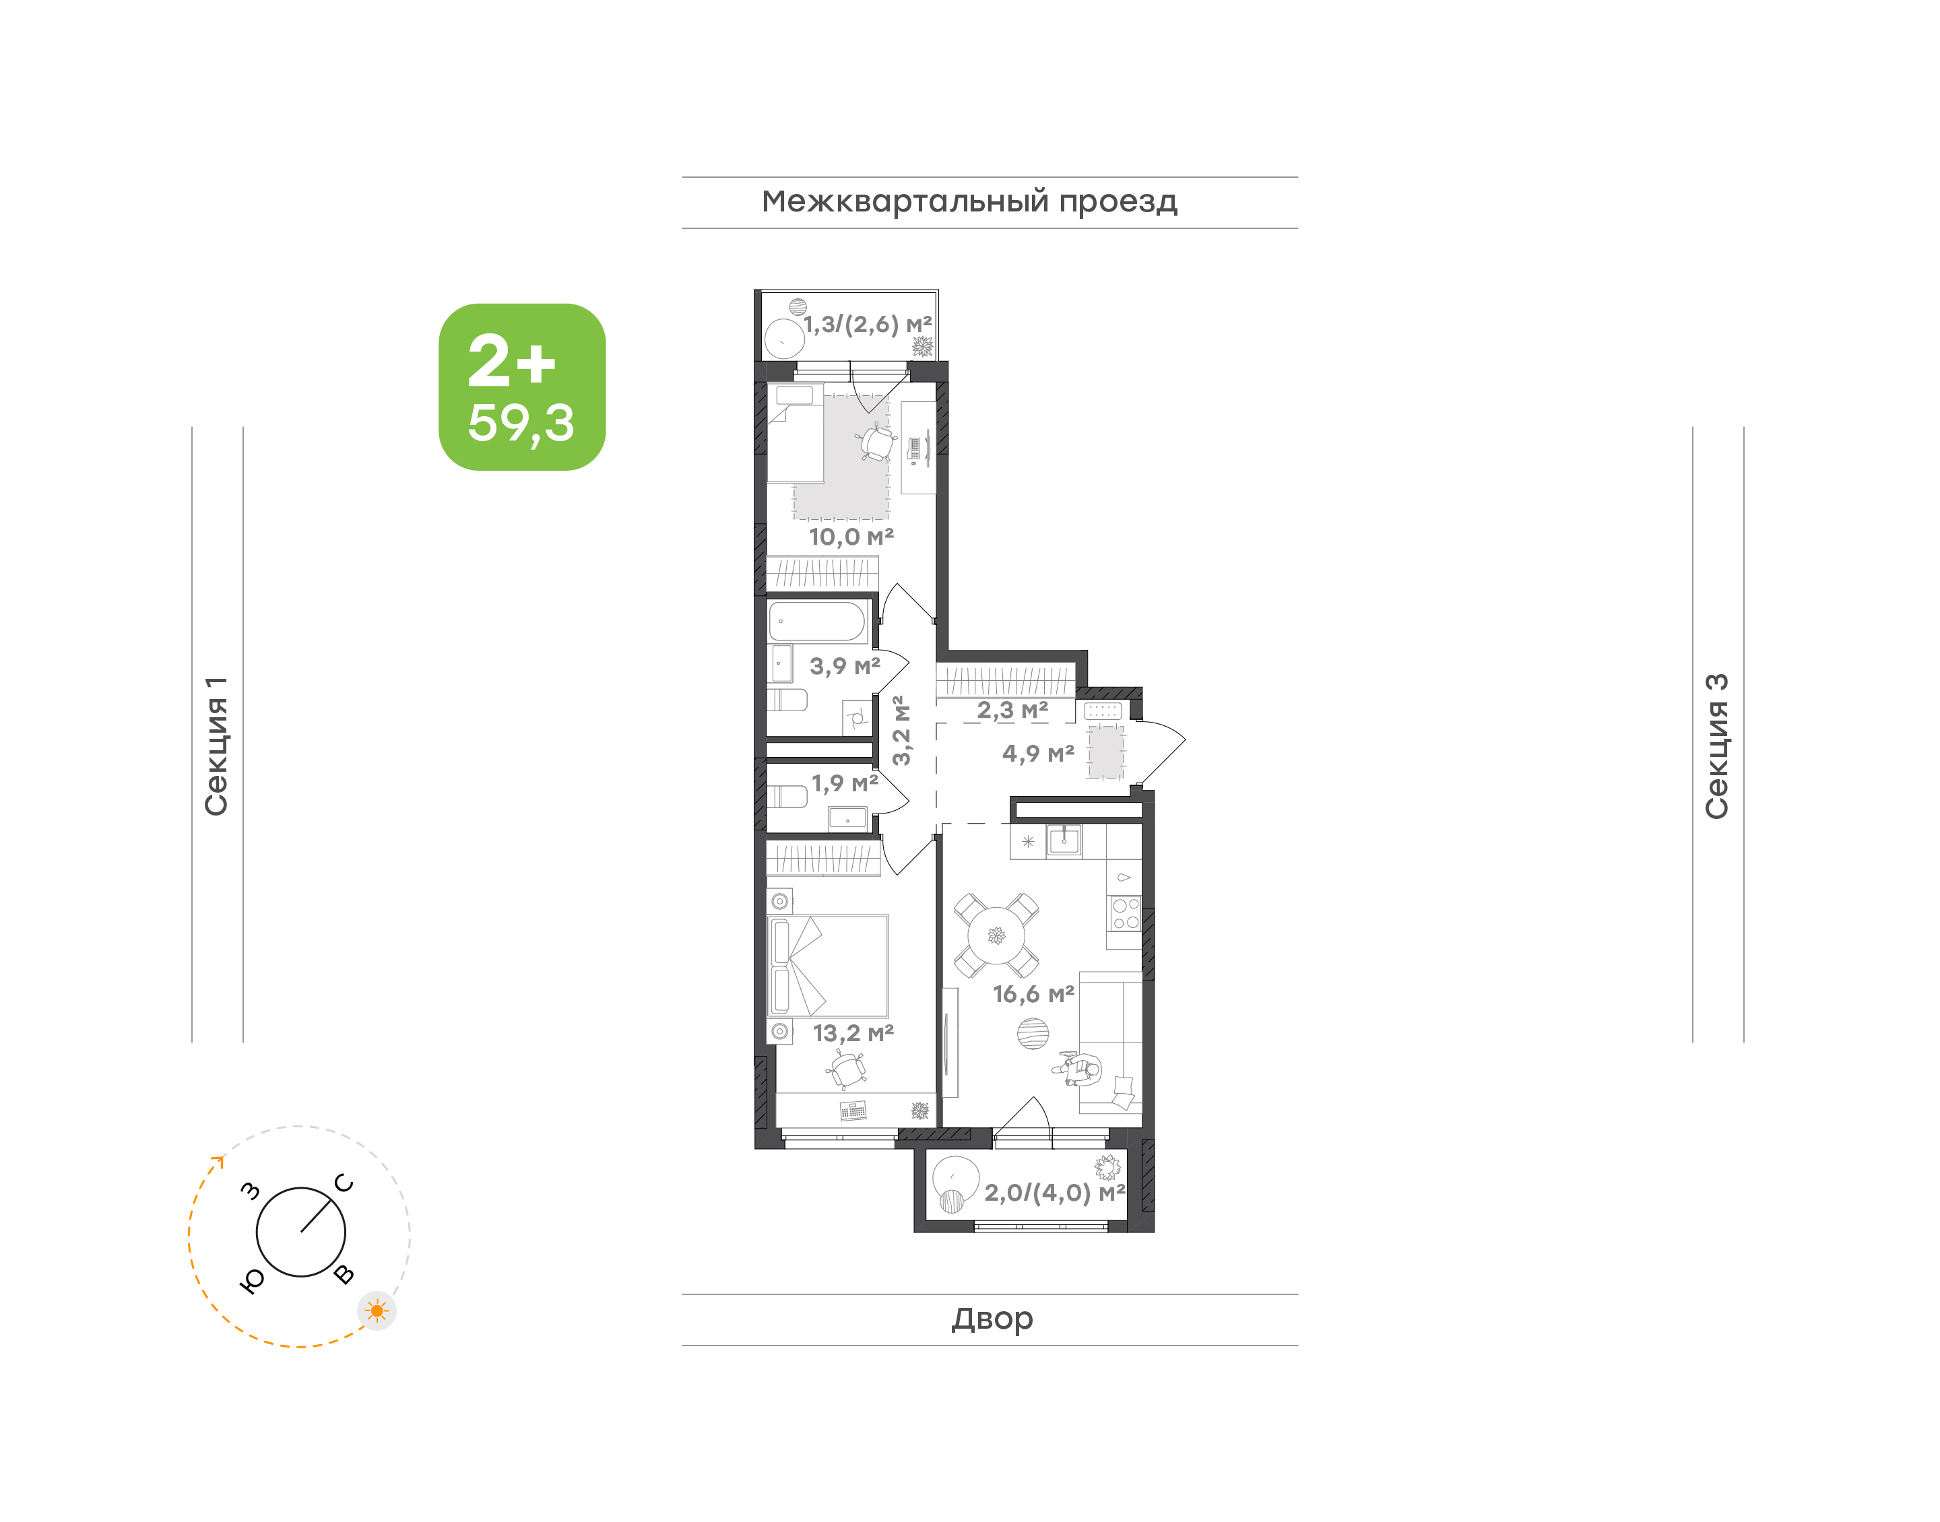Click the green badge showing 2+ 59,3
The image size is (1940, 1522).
pyautogui.click(x=521, y=387)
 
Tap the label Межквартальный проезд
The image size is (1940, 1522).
pyautogui.click(x=969, y=202)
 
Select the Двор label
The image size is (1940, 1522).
pyautogui.click(x=992, y=1319)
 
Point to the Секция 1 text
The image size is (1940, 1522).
pyautogui.click(x=216, y=746)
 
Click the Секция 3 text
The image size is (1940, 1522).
pyautogui.click(x=1716, y=746)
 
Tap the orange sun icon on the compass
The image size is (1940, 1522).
pyautogui.click(x=377, y=1311)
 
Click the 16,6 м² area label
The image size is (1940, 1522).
pyautogui.click(x=1034, y=993)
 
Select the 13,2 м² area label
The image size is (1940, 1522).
pyautogui.click(x=853, y=1033)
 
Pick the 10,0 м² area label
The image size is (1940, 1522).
pyautogui.click(x=851, y=537)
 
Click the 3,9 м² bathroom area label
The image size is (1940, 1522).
pyautogui.click(x=845, y=665)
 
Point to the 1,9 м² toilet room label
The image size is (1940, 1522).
pyautogui.click(x=845, y=783)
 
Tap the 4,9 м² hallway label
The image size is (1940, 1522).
pyautogui.click(x=1038, y=754)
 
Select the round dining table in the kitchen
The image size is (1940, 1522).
pyautogui.click(x=996, y=935)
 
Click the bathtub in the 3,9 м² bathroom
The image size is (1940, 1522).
pyautogui.click(x=817, y=621)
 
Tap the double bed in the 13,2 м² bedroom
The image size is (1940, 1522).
pyautogui.click(x=828, y=966)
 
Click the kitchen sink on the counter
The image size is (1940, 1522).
pyautogui.click(x=1064, y=840)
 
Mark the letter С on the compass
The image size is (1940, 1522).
pyautogui.click(x=344, y=1183)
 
